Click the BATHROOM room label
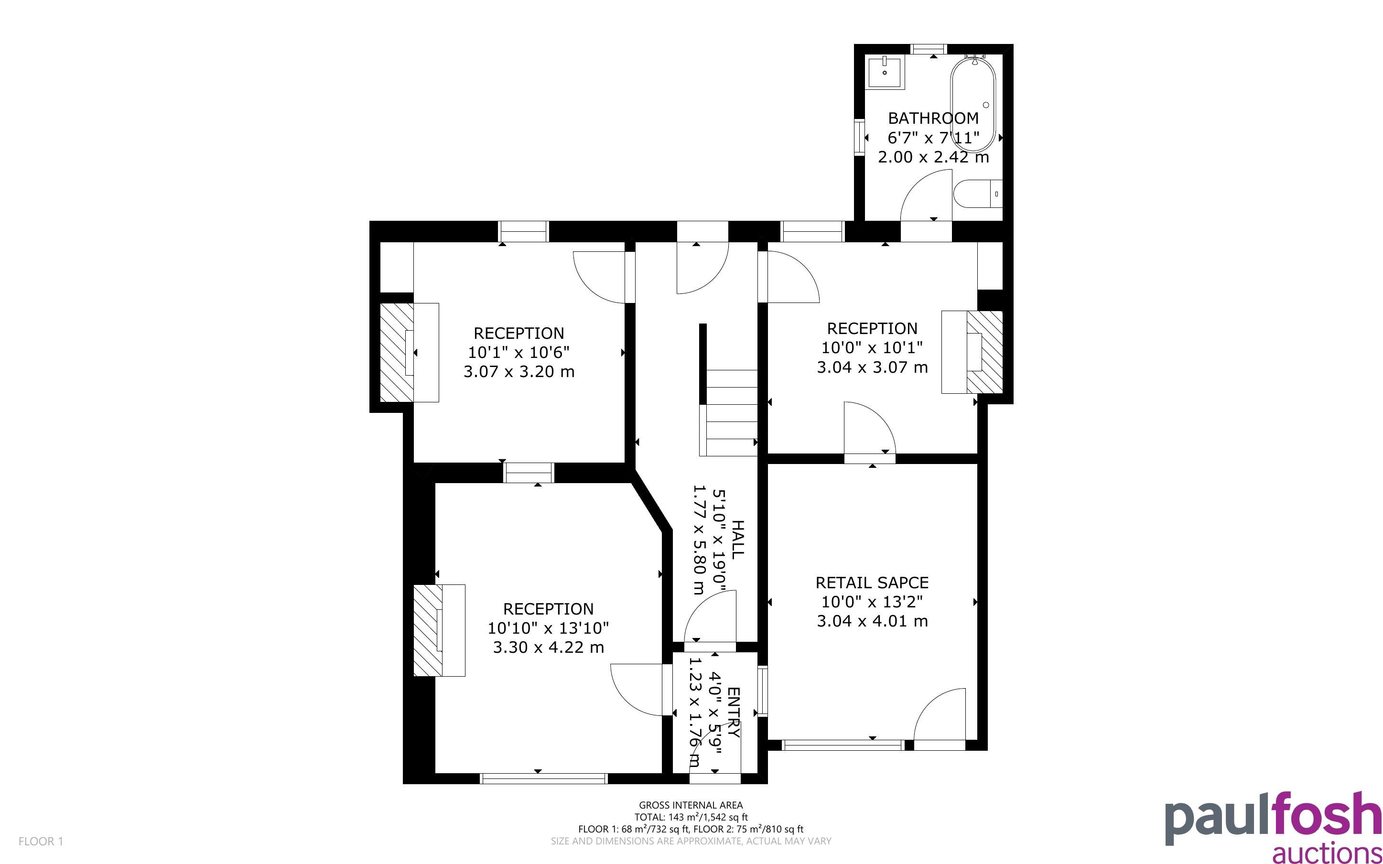pos(933,119)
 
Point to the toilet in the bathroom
pos(977,194)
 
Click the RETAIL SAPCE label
pos(872,583)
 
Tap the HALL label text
pos(737,539)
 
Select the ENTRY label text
pos(734,713)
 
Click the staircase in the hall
pos(729,412)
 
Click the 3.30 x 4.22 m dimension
pos(549,648)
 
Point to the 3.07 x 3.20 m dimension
pos(519,372)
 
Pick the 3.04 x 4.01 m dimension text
pos(872,621)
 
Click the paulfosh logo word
pos(1273,820)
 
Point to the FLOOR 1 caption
pos(41,841)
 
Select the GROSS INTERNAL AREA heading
pos(691,806)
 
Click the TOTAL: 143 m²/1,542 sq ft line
pos(691,817)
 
